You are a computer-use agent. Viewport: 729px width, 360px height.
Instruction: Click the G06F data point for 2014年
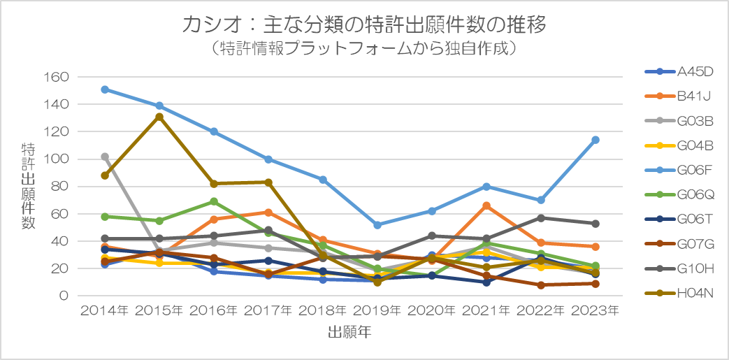click(x=105, y=89)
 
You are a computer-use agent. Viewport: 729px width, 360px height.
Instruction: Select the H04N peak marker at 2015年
click(x=159, y=117)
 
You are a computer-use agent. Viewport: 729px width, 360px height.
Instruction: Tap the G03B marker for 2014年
click(x=105, y=157)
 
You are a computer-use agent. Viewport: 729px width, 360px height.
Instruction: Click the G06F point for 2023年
click(x=596, y=140)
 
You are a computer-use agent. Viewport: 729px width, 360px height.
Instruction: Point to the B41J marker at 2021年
click(x=486, y=206)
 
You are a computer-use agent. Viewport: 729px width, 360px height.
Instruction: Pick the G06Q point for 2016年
click(x=214, y=201)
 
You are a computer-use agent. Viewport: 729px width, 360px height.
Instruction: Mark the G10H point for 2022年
click(x=541, y=218)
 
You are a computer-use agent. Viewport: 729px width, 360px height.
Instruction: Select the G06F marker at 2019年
click(x=377, y=225)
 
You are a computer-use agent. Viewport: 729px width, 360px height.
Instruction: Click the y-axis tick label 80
click(x=61, y=187)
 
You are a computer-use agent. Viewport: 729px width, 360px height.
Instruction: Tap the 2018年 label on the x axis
click(x=323, y=310)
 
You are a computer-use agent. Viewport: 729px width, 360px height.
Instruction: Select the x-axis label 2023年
click(x=596, y=310)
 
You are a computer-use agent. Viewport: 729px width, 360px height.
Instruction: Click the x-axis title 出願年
click(x=349, y=333)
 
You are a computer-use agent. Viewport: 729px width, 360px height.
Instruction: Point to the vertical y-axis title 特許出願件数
click(x=29, y=185)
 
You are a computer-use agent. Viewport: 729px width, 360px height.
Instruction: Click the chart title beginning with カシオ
click(x=363, y=25)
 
